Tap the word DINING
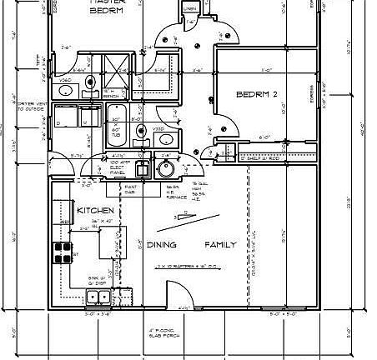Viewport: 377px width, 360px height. [161, 245]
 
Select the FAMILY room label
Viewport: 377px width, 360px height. [221, 245]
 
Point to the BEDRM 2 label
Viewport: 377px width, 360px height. [256, 95]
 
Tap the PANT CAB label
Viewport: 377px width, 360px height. [131, 190]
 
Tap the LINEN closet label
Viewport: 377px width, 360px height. [189, 10]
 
